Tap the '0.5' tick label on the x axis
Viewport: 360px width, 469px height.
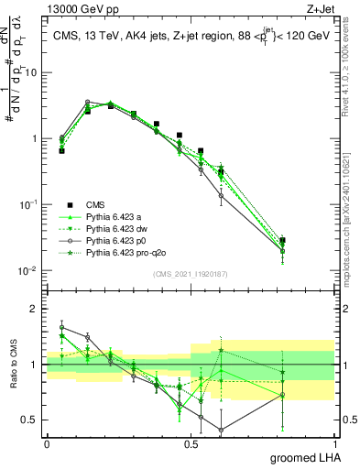pos(191,442)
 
